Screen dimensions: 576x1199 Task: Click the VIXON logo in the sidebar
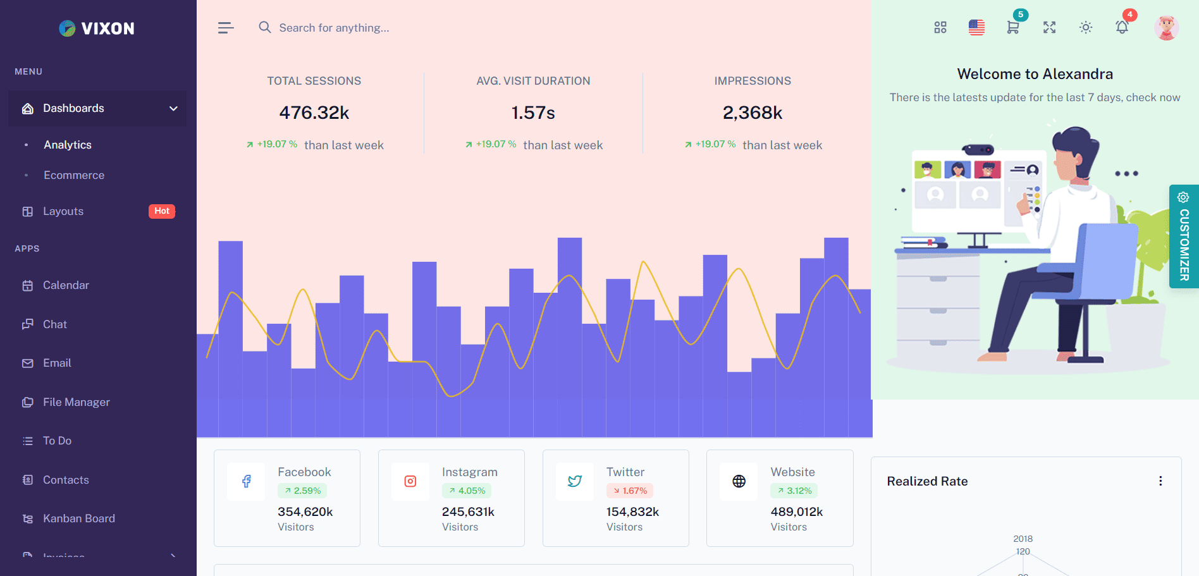[x=97, y=28]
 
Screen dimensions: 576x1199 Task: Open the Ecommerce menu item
[x=74, y=175]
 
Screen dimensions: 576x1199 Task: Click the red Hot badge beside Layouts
[x=162, y=211]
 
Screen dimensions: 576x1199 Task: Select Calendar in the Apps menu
[x=66, y=285]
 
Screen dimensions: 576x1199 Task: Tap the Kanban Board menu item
[x=78, y=518]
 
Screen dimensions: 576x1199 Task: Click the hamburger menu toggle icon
[x=226, y=28]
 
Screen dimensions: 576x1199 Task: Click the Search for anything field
[x=334, y=28]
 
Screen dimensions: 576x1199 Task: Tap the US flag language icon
[x=976, y=28]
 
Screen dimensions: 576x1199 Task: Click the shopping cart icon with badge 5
[x=1012, y=27]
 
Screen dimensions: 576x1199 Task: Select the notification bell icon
[x=1122, y=27]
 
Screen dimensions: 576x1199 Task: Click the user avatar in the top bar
[x=1166, y=28]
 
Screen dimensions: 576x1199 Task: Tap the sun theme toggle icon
[x=1086, y=28]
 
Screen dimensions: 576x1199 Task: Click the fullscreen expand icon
[x=1050, y=28]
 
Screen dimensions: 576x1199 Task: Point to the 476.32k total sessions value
[x=314, y=113]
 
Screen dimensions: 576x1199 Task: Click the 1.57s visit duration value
[x=533, y=113]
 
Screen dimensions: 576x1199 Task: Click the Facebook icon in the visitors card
[x=246, y=482]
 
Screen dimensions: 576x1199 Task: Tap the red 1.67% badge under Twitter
[x=630, y=491]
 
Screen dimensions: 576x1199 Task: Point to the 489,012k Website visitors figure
[x=797, y=512]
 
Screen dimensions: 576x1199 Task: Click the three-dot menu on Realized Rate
[x=1160, y=481]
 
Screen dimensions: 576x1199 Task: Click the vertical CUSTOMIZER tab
[x=1184, y=236]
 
